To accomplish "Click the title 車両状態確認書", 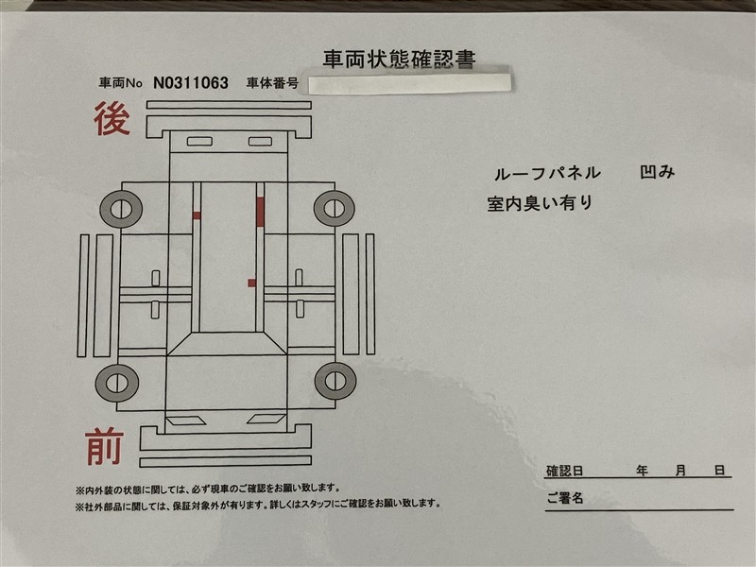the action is coord(399,59).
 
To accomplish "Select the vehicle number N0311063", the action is coord(191,83).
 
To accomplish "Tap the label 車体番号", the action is coord(272,83).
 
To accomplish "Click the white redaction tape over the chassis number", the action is coord(409,83).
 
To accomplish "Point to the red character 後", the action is coord(112,119).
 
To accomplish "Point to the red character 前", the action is coord(105,447).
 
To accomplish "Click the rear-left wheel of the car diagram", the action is coord(121,209).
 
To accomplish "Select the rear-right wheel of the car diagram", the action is coord(335,208).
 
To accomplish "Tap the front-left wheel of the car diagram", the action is coord(116,384).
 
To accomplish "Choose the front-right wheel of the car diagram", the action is coord(335,381).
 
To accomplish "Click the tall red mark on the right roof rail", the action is coord(261,212).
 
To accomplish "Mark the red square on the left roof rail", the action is coord(197,215).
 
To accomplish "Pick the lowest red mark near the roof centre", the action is coord(251,283).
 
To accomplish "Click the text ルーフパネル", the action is coord(547,174).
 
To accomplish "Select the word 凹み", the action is coord(657,172).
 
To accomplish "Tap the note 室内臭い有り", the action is coord(540,203).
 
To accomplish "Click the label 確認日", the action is coord(564,471).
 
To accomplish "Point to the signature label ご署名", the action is coord(564,498).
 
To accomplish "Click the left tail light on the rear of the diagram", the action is coord(199,141).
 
